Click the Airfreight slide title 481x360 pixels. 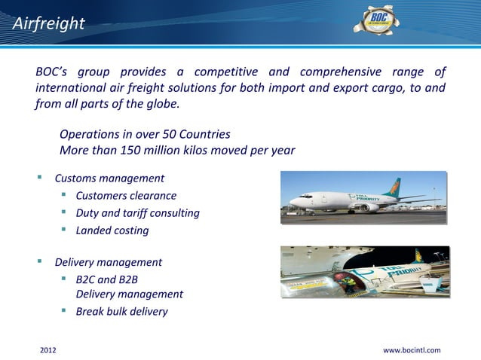48,24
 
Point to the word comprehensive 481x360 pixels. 343,72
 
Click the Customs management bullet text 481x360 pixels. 109,178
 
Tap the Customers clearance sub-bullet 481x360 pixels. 126,196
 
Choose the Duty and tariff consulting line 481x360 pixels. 137,213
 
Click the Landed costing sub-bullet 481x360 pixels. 112,230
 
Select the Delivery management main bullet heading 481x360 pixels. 108,263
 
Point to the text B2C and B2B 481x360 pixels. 106,279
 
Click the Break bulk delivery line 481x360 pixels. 121,311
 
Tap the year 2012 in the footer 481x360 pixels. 47,350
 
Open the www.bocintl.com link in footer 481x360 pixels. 412,350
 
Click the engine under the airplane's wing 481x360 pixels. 367,207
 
